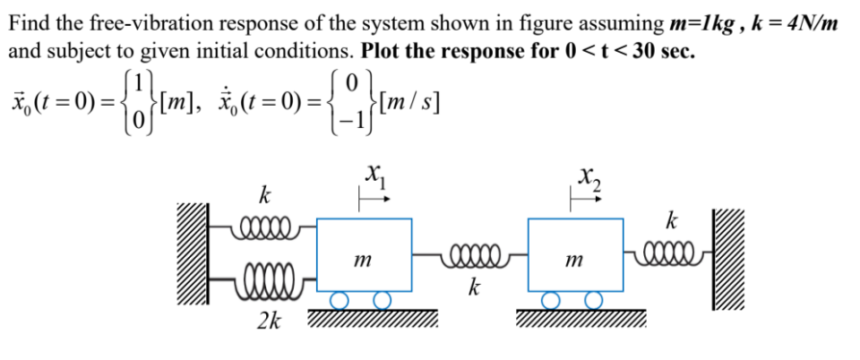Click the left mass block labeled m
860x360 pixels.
364,254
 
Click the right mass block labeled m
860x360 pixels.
572,254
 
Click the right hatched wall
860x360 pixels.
728,259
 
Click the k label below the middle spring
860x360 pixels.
472,288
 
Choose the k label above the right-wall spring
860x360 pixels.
672,219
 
